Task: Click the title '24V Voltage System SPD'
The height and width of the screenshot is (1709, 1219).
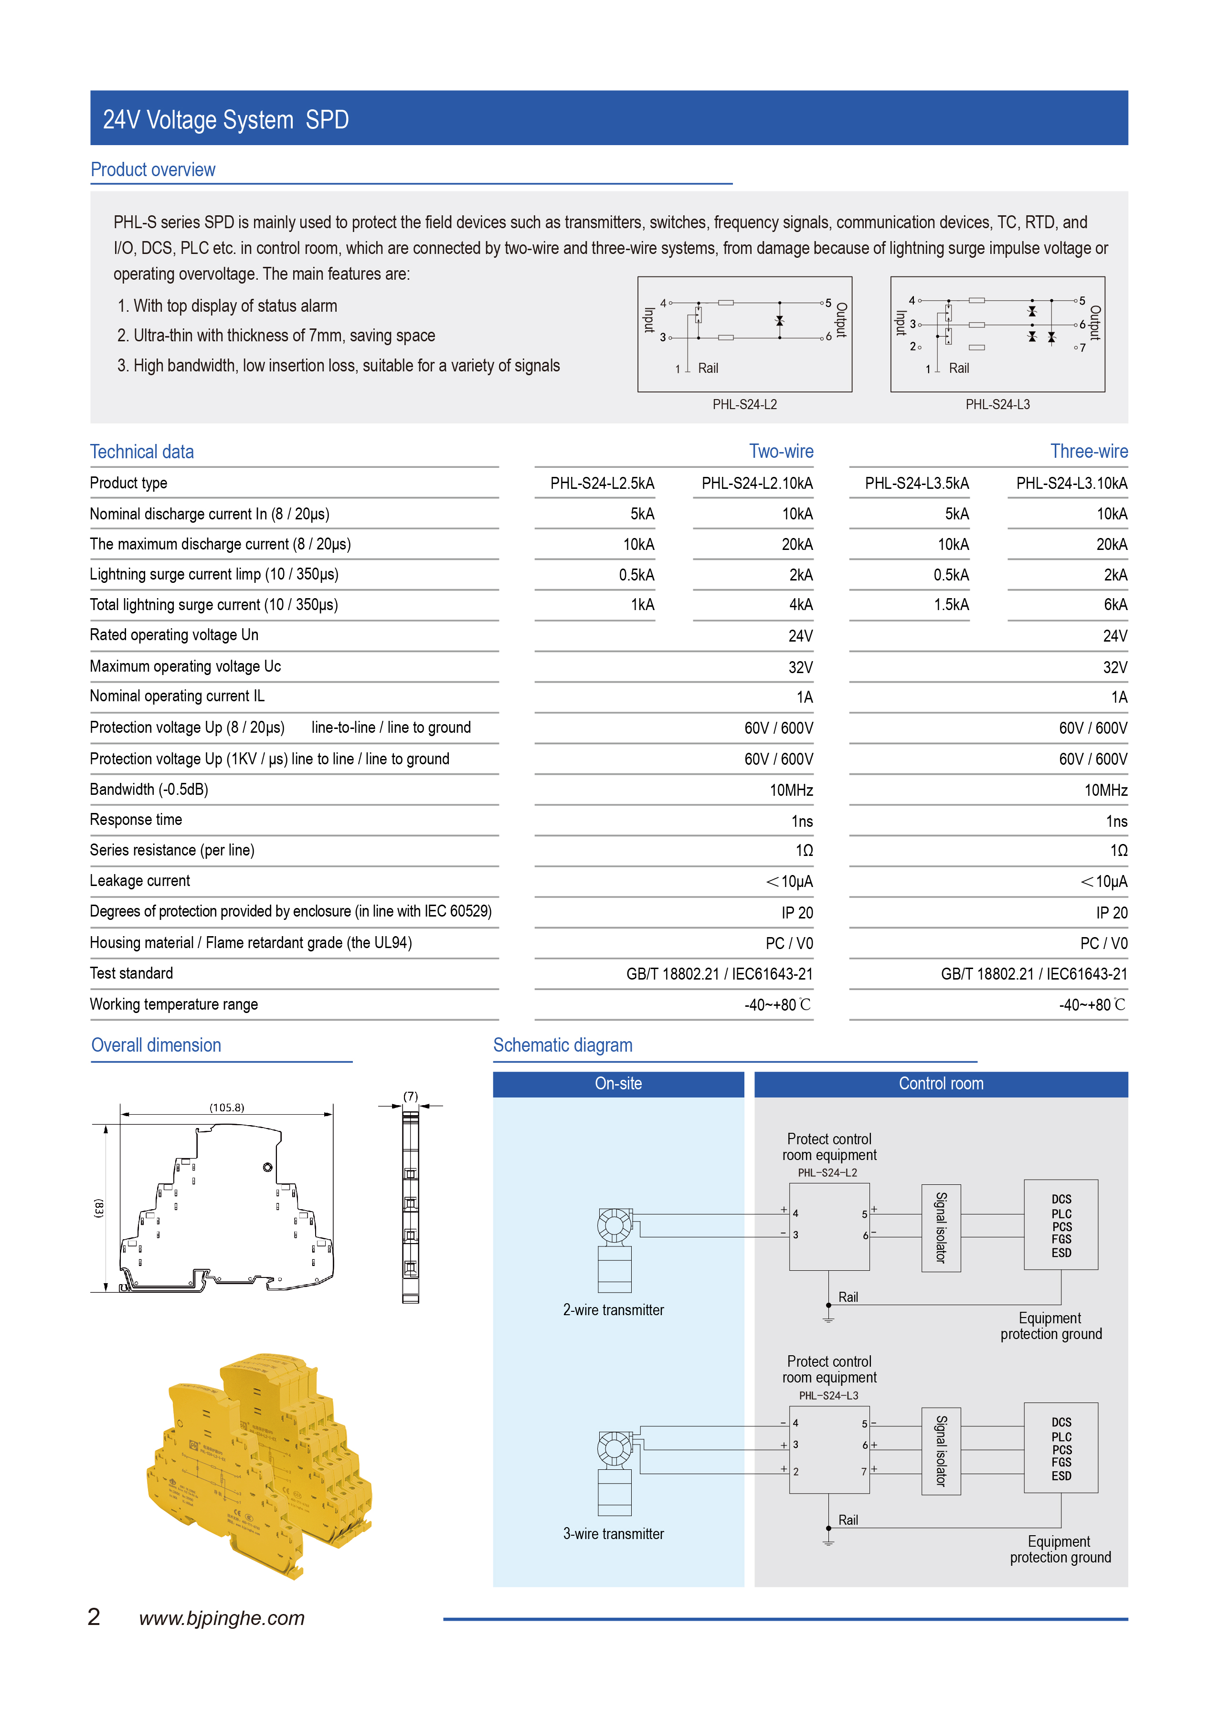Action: point(225,120)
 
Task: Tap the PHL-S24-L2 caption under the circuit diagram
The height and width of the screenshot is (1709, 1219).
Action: point(744,404)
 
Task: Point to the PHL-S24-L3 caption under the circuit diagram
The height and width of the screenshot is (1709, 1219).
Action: point(997,404)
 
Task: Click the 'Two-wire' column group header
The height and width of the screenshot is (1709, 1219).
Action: point(781,451)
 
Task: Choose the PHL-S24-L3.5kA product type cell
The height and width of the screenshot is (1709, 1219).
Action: point(916,484)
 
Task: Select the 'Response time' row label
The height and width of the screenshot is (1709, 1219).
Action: point(136,820)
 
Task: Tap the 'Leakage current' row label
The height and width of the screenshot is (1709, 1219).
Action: point(139,880)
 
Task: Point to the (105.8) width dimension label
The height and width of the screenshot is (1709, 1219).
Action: point(227,1108)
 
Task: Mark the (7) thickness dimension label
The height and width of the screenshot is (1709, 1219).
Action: point(411,1097)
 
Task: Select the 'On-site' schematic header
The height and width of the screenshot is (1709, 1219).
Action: point(618,1084)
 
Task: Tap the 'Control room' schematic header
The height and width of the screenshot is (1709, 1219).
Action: point(941,1084)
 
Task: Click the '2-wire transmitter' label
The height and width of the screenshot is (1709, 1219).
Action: point(613,1310)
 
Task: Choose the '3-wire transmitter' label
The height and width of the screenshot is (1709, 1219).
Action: point(613,1534)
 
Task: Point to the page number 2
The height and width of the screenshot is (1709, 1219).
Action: point(94,1617)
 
